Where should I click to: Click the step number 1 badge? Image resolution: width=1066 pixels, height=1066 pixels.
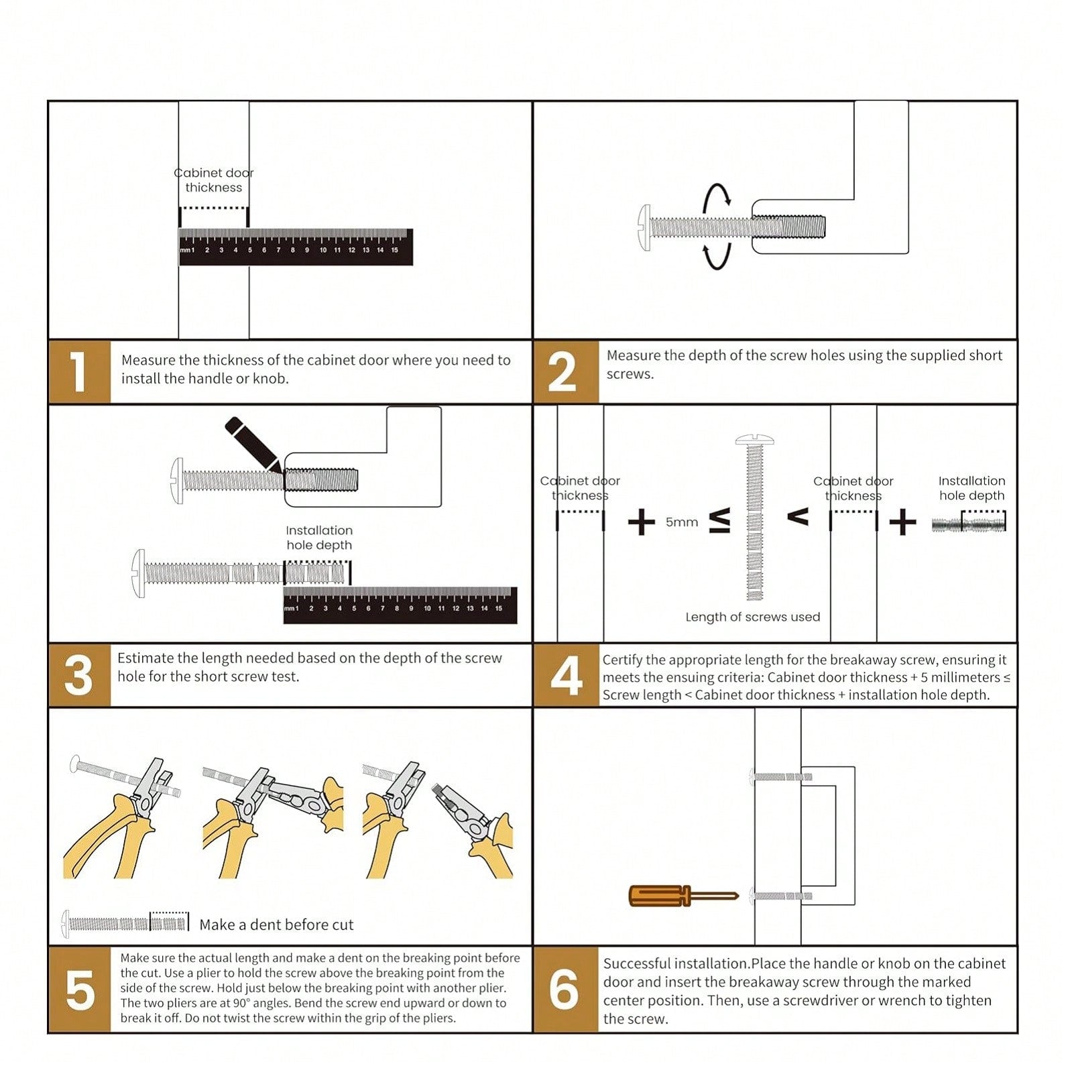tap(79, 371)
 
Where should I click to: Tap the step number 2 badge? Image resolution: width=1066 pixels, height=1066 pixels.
tap(566, 371)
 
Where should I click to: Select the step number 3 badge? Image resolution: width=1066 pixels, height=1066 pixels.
tap(79, 674)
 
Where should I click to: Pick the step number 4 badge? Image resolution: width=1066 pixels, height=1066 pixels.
tap(566, 674)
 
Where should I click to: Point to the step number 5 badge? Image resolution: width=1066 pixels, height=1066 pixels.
tap(79, 990)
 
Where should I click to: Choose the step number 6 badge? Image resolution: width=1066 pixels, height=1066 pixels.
tap(566, 990)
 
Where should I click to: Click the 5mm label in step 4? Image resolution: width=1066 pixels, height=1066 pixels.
tap(682, 522)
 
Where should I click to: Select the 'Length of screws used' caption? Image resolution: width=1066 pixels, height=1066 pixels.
tap(752, 617)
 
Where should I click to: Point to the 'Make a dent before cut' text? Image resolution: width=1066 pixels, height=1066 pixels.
tap(276, 925)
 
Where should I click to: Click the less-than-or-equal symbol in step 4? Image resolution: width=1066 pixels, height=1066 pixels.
tap(719, 521)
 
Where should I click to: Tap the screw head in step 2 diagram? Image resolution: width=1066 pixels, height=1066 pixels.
tap(644, 228)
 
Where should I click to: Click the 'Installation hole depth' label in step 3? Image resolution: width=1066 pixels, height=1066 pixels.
tap(319, 538)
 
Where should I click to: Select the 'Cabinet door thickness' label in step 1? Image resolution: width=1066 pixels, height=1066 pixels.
tap(214, 180)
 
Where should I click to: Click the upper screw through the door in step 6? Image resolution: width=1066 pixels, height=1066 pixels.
tap(781, 777)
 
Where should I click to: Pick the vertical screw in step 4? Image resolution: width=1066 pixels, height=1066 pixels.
tap(755, 517)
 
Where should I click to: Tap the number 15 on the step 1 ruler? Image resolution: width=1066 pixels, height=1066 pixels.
tap(394, 250)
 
